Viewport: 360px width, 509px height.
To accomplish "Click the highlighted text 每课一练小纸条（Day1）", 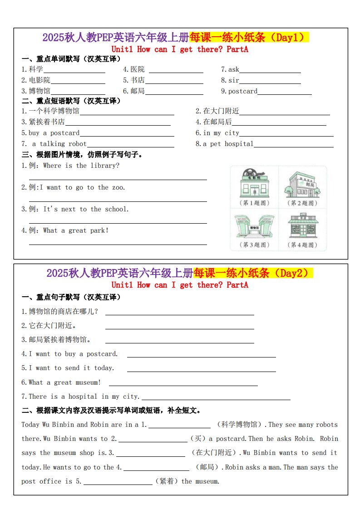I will [x=249, y=37].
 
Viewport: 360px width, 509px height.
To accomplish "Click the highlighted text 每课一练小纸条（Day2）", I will [x=253, y=273].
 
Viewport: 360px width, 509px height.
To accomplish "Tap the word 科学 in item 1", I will [x=36, y=69].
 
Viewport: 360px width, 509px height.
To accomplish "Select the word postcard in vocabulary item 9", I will [x=242, y=91].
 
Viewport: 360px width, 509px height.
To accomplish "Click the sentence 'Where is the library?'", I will [x=81, y=166].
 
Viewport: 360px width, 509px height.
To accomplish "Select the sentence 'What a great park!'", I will [x=76, y=230].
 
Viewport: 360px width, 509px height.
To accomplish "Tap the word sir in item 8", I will [x=233, y=80].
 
